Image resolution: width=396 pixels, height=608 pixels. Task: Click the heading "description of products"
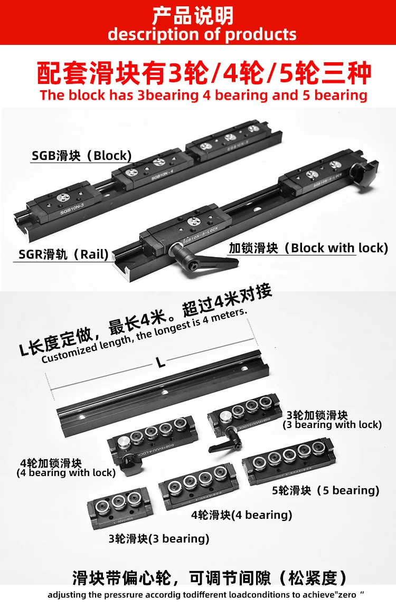pyautogui.click(x=202, y=35)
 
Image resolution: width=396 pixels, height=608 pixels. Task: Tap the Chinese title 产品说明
pyautogui.click(x=193, y=16)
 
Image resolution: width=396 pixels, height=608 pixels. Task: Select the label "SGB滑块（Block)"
pyautogui.click(x=81, y=156)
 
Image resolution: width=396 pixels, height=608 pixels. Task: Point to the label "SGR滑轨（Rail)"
pyautogui.click(x=63, y=254)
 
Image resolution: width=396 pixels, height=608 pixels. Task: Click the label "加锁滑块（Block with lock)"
pyautogui.click(x=308, y=248)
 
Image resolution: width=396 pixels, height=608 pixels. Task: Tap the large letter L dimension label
pyautogui.click(x=161, y=363)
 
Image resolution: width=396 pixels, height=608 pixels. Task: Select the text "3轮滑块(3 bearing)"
pyautogui.click(x=159, y=539)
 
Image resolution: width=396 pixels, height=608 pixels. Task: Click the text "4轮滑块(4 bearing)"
pyautogui.click(x=242, y=515)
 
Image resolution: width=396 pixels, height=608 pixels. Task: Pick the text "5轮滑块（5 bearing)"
pyautogui.click(x=325, y=490)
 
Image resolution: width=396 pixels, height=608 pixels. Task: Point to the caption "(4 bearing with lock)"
pyautogui.click(x=66, y=473)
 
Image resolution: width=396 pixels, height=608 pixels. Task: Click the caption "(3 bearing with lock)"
pyautogui.click(x=332, y=424)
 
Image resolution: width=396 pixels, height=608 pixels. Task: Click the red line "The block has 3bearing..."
pyautogui.click(x=203, y=96)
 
